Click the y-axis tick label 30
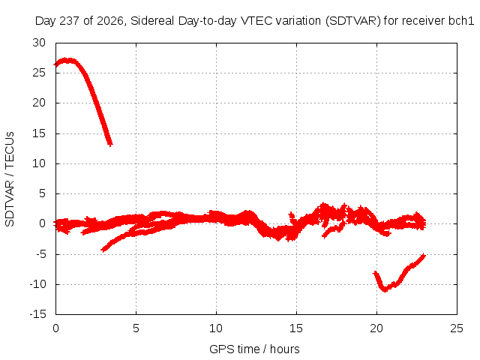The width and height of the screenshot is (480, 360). pos(39,43)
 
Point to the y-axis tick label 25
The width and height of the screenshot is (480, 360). pos(39,73)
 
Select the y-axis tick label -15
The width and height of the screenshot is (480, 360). pos(38,314)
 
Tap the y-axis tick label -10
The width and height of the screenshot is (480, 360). pos(38,284)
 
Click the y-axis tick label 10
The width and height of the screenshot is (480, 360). pos(39,163)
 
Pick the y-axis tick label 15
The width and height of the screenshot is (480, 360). pos(39,133)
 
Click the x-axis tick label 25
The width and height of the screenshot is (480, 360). pos(457,328)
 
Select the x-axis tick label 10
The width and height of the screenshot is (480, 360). pos(216,328)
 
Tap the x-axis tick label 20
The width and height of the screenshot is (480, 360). pos(376,328)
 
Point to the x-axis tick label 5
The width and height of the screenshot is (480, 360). pos(136,328)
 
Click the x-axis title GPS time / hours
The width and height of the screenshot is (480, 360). pos(254,349)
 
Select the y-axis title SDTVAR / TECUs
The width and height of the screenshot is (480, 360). pos(10,179)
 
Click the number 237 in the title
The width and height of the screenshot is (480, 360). pos(70,21)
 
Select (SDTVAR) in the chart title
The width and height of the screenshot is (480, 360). pos(353,21)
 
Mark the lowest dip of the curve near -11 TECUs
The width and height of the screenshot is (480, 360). pos(385,289)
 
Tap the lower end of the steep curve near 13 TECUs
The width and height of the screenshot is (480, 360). pos(110,144)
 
